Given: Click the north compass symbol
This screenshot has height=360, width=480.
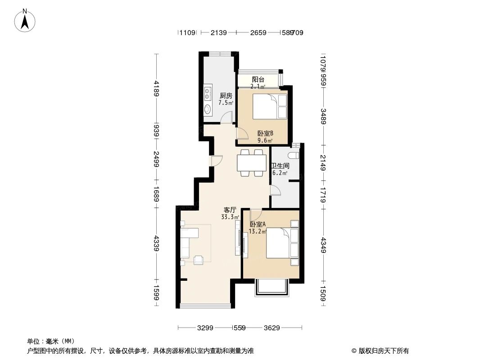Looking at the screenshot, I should click(x=26, y=21).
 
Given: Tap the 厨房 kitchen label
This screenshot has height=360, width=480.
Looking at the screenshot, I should click(x=226, y=96).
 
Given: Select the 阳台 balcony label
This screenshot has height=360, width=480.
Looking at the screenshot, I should click(x=258, y=80).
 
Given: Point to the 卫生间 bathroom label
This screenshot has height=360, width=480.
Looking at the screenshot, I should click(x=280, y=166).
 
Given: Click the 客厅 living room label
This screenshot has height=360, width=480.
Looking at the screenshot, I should click(x=230, y=210).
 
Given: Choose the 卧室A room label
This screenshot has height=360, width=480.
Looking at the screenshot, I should click(x=258, y=225).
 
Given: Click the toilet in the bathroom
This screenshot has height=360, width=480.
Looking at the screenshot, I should click(x=294, y=155).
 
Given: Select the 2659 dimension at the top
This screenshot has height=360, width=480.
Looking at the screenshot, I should click(x=258, y=32).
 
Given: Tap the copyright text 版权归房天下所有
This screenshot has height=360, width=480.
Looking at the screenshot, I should click(x=383, y=351).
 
